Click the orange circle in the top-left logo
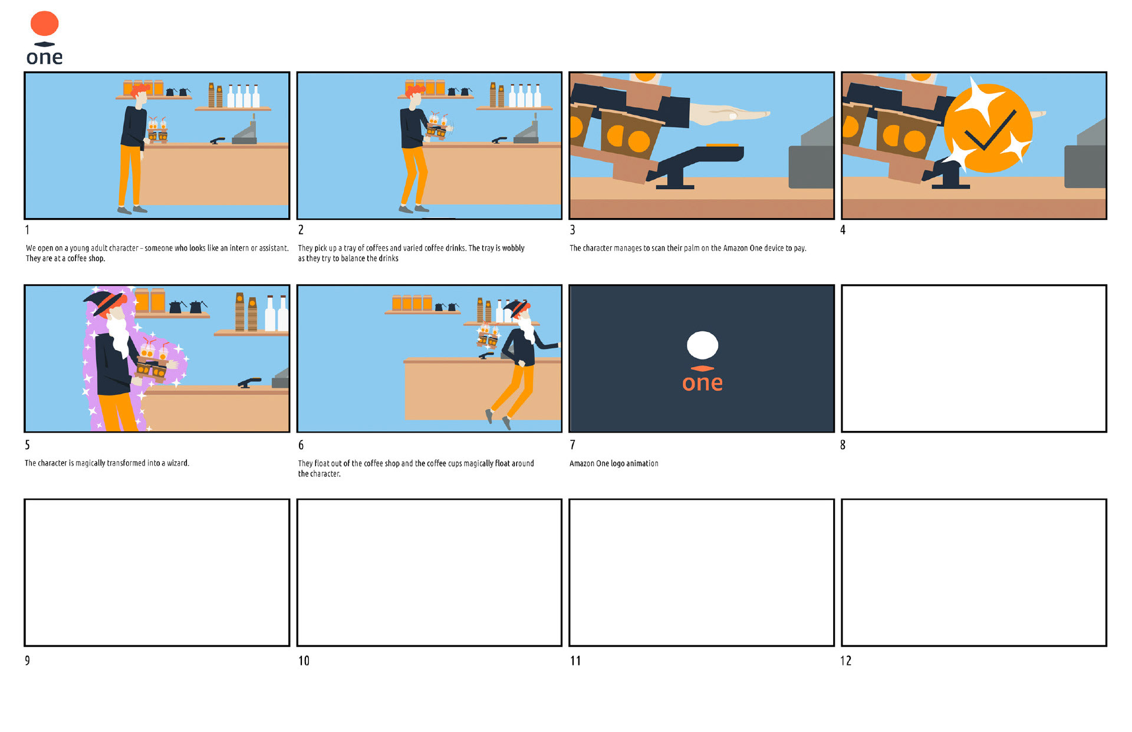pyautogui.click(x=44, y=24)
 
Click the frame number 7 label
pyautogui.click(x=572, y=445)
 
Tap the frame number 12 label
pyautogui.click(x=846, y=661)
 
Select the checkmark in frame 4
pyautogui.click(x=990, y=131)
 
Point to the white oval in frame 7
pyautogui.click(x=702, y=345)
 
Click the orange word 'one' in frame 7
pyautogui.click(x=702, y=383)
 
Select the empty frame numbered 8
pyautogui.click(x=973, y=358)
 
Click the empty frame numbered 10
pyautogui.click(x=429, y=572)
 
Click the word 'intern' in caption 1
pyautogui.click(x=239, y=248)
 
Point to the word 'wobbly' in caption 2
pyautogui.click(x=513, y=248)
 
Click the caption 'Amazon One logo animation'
pyautogui.click(x=614, y=464)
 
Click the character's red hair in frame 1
pyautogui.click(x=139, y=91)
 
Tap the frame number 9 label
pyautogui.click(x=27, y=661)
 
